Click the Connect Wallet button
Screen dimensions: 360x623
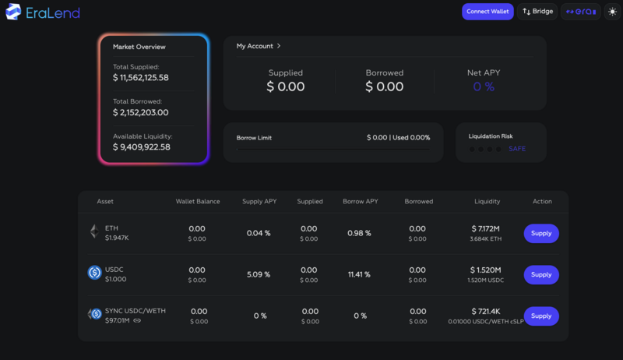[487, 12]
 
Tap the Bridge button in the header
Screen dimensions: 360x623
[537, 12]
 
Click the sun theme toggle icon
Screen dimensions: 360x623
[611, 12]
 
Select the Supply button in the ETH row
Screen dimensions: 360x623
[541, 233]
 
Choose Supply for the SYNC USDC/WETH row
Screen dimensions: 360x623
[541, 316]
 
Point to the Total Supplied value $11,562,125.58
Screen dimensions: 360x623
[141, 78]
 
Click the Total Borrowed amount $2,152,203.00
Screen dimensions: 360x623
[140, 112]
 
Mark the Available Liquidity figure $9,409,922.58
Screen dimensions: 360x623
[141, 146]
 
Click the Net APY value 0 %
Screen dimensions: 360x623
[484, 86]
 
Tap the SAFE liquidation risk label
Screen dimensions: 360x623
[517, 148]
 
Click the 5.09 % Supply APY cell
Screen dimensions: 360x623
[259, 274]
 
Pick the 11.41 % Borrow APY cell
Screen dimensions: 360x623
[360, 274]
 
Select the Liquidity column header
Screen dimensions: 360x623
[487, 201]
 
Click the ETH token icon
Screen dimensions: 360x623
[94, 231]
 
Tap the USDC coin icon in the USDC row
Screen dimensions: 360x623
[94, 273]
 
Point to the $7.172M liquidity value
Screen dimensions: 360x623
[487, 228]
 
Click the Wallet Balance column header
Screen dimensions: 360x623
[198, 201]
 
